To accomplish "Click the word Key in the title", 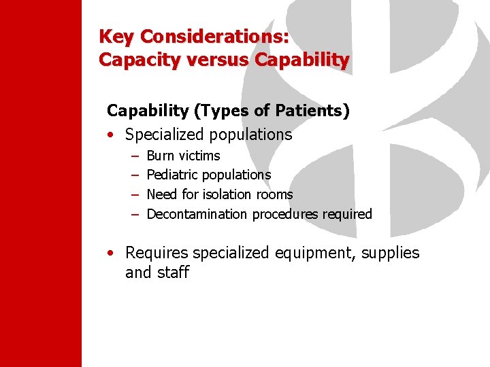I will pyautogui.click(x=116, y=35).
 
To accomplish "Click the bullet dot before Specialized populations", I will pyautogui.click(x=111, y=135).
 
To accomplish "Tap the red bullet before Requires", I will pyautogui.click(x=111, y=254).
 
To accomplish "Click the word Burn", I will pyautogui.click(x=161, y=156).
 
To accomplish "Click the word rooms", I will pyautogui.click(x=275, y=195).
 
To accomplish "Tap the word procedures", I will pyautogui.click(x=282, y=215).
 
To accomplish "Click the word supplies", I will pyautogui.click(x=391, y=254).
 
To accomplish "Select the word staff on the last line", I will pyautogui.click(x=174, y=273).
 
